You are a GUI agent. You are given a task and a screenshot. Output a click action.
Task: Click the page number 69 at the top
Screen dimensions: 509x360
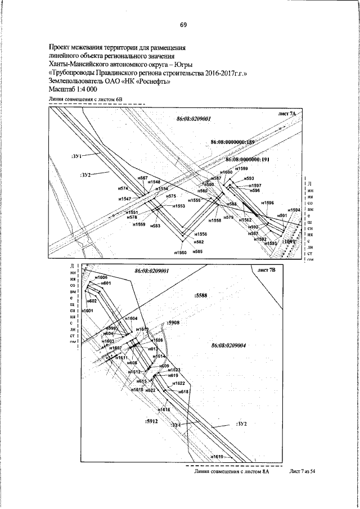pyautogui.click(x=183, y=25)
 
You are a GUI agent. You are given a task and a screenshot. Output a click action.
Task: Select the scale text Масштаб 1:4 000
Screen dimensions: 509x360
pyautogui.click(x=73, y=89)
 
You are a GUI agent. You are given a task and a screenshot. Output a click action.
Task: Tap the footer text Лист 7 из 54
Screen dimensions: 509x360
pyautogui.click(x=303, y=471)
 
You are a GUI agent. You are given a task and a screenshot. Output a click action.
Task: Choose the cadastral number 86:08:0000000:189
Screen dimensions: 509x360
pyautogui.click(x=233, y=143)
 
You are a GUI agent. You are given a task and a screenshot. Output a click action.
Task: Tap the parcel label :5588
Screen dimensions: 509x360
pyautogui.click(x=201, y=294)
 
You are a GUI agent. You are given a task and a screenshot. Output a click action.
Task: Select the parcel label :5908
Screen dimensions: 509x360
pyautogui.click(x=173, y=323)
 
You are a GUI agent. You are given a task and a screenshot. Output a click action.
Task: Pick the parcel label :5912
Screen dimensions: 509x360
pyautogui.click(x=150, y=420)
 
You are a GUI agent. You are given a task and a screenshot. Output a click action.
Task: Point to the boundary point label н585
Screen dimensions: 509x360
pyautogui.click(x=197, y=251)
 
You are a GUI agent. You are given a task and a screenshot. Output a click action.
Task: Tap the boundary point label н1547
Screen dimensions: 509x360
pyautogui.click(x=125, y=199)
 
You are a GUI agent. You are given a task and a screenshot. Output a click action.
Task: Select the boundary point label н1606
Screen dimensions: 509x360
pyautogui.click(x=101, y=277)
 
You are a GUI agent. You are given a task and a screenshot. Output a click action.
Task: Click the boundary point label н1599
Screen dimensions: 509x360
pyautogui.click(x=241, y=168)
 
